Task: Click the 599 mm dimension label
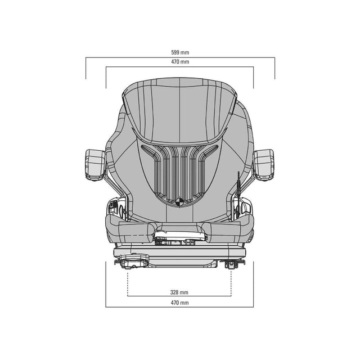180,52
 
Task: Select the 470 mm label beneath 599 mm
180,62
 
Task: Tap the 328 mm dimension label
179,292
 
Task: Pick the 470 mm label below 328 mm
179,303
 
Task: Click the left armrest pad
96,164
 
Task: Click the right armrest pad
264,164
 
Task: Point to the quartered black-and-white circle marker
179,202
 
